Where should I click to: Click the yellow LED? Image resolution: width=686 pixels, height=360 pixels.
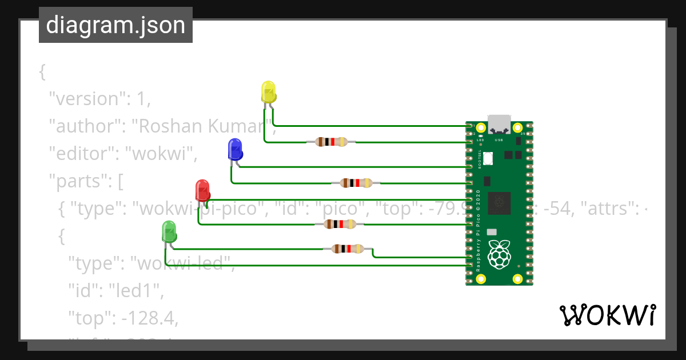(x=268, y=91)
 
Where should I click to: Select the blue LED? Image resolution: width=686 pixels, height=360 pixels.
(x=234, y=149)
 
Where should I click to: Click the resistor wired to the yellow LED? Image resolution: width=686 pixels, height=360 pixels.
(x=332, y=142)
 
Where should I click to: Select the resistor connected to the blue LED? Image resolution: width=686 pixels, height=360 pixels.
(x=356, y=183)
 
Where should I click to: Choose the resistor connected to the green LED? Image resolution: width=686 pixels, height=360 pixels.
(x=348, y=249)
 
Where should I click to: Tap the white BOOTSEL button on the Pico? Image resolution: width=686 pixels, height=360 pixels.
(x=488, y=158)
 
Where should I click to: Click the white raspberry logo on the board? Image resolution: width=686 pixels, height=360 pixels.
(x=499, y=254)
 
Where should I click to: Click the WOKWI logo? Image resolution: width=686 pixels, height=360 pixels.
(x=607, y=315)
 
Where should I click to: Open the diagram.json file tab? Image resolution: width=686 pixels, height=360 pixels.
(x=115, y=25)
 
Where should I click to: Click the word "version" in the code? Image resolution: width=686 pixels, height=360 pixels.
(x=86, y=99)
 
